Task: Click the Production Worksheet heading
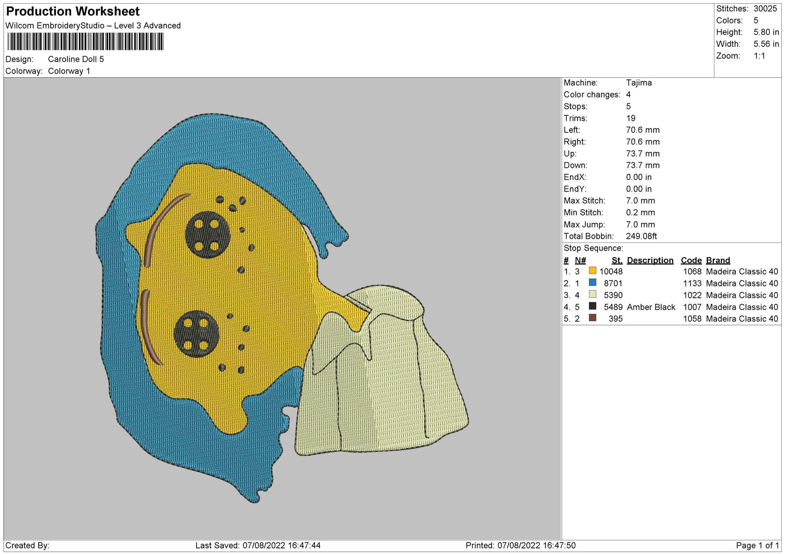[x=73, y=11]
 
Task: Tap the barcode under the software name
[x=85, y=41]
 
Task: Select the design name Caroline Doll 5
[x=76, y=59]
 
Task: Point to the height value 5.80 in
[x=766, y=32]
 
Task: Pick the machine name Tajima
[x=639, y=83]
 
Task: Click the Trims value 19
[x=631, y=118]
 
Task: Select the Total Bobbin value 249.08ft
[x=642, y=236]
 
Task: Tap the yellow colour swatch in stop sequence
[x=592, y=270]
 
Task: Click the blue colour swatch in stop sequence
[x=592, y=282]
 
